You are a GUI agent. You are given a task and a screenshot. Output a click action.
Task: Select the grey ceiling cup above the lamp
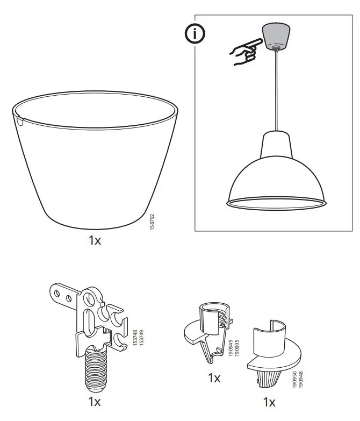pyautogui.click(x=275, y=37)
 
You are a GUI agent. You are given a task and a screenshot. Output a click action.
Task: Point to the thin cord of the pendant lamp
pyautogui.click(x=276, y=91)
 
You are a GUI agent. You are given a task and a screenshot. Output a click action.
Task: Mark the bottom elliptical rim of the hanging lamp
pyautogui.click(x=276, y=203)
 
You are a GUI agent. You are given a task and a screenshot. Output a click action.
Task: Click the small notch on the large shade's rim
pyautogui.click(x=20, y=122)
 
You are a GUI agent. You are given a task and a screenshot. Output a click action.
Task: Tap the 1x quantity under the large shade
pyautogui.click(x=95, y=240)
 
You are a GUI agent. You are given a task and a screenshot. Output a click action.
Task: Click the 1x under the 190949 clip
pyautogui.click(x=214, y=378)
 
